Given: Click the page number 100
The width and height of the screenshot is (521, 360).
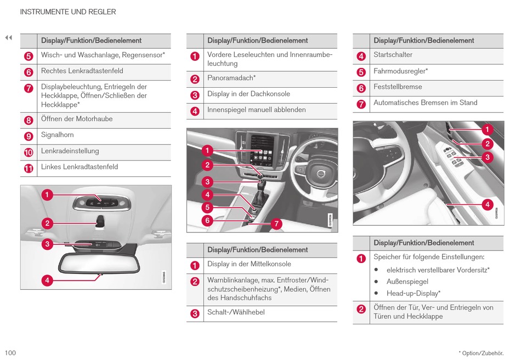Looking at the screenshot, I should (x=10, y=353).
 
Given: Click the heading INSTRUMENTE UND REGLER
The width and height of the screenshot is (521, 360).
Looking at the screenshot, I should (x=68, y=12).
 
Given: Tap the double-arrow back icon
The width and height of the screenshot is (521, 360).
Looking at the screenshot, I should (x=8, y=38).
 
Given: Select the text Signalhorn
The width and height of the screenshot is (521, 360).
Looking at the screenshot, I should (x=57, y=135).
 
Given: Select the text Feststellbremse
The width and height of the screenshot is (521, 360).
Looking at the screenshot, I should (x=398, y=87).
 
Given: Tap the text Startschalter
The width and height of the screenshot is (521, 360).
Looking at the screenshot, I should (x=393, y=55).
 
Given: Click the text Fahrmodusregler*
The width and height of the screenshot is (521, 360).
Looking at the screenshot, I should (x=400, y=71).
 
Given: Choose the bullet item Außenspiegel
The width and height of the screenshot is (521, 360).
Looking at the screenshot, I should (x=407, y=282).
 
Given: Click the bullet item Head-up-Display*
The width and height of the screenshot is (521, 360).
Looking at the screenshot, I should (x=413, y=294).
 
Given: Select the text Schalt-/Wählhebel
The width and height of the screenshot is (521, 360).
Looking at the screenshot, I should (x=236, y=312).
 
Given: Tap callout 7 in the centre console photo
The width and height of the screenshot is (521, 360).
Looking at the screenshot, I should (x=276, y=224).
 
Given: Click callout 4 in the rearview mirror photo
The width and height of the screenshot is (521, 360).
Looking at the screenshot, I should (x=48, y=280).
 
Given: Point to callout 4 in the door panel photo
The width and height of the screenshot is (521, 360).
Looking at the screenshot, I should (x=487, y=205).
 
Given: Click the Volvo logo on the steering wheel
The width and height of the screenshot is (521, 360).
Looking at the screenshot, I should (x=321, y=175).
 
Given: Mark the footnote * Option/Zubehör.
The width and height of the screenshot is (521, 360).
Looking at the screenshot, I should (x=481, y=353).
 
